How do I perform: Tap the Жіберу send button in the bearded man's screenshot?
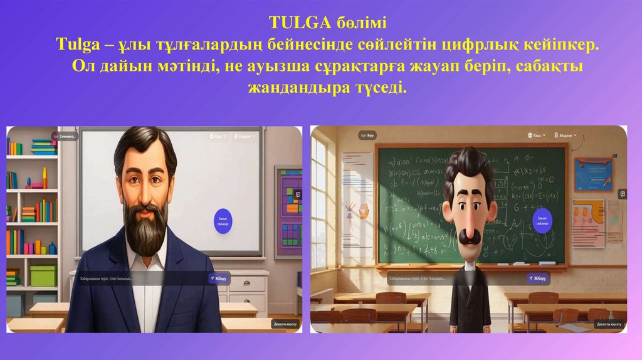219,277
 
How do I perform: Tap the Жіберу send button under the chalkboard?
538,278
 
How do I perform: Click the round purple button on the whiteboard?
223,221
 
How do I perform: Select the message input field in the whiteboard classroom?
138,277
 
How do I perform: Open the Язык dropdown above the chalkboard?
537,135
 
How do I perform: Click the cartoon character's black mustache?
466,235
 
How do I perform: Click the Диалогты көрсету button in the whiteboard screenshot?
285,324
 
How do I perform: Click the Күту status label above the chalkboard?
364,135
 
